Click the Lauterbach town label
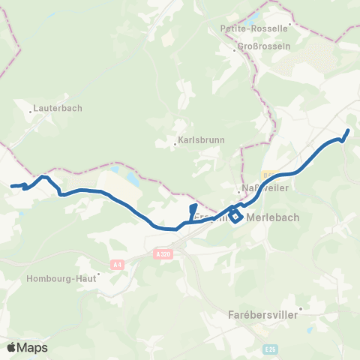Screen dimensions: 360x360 coord(58,108)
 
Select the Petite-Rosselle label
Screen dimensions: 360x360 coord(254,28)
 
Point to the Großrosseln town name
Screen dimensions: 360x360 coord(257,46)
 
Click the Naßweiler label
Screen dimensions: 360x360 coord(256,187)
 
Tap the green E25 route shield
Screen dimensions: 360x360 coord(271,349)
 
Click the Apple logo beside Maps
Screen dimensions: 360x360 coord(12,347)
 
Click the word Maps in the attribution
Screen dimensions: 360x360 coord(33,347)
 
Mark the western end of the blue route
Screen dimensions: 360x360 coord(11,186)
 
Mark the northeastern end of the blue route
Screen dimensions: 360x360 coord(349,130)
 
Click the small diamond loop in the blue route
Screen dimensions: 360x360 coord(235,217)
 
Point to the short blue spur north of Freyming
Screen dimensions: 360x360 coord(193,211)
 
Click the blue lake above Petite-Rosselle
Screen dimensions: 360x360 coord(255,15)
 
